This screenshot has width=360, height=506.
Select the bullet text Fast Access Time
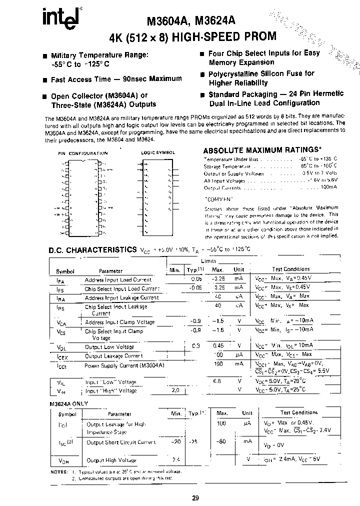116,79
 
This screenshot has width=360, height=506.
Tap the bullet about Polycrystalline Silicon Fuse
261,78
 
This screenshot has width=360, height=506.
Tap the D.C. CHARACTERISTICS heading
92,250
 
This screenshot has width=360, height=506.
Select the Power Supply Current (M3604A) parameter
124,365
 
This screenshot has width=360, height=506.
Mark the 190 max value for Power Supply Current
218,365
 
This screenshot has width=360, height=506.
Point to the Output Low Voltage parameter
109,347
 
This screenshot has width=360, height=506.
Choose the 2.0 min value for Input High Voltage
175,390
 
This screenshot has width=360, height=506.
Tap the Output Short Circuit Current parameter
121,442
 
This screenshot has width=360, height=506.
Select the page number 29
195,497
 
